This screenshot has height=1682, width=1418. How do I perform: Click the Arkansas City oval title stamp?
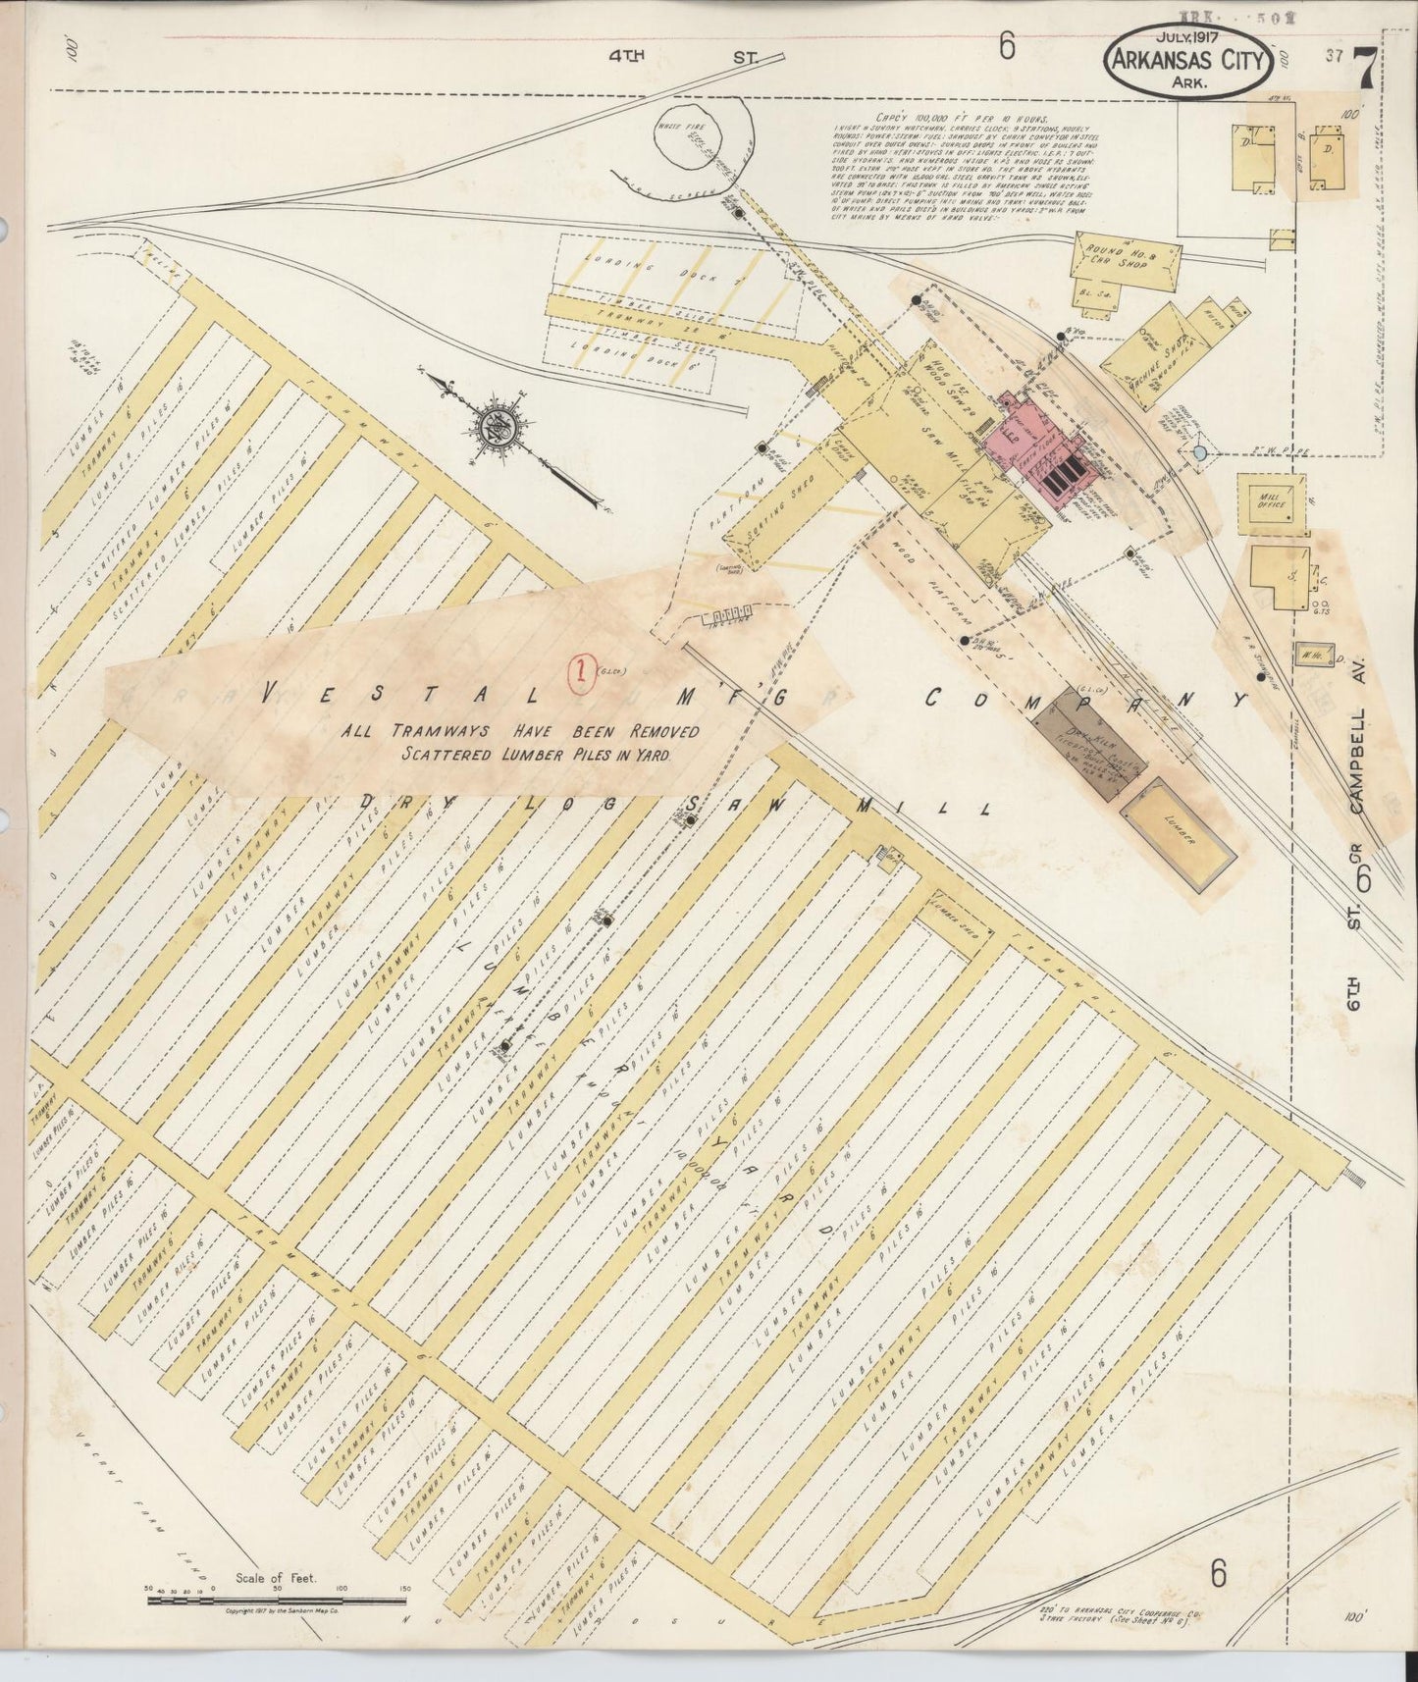point(1189,62)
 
